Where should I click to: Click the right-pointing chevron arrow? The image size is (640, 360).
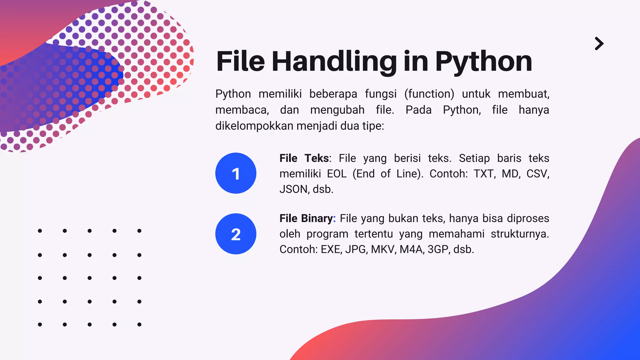coord(599,44)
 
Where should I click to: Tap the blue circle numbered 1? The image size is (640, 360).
coord(236,173)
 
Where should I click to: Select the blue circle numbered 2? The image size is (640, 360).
coord(236,234)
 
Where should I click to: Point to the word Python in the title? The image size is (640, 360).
coord(483,62)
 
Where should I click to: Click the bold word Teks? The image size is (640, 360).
coord(317,158)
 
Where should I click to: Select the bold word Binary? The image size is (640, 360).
coord(317,218)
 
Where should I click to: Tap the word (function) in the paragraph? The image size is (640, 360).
coord(429,94)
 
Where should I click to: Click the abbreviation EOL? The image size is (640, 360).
coord(337,174)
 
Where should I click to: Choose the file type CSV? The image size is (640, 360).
coord(537,174)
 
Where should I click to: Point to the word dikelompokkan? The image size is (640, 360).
coord(254,126)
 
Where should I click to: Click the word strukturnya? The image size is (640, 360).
coord(519,234)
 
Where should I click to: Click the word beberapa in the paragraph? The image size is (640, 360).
coord(333,94)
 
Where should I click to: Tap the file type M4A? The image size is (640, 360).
coord(412,249)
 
